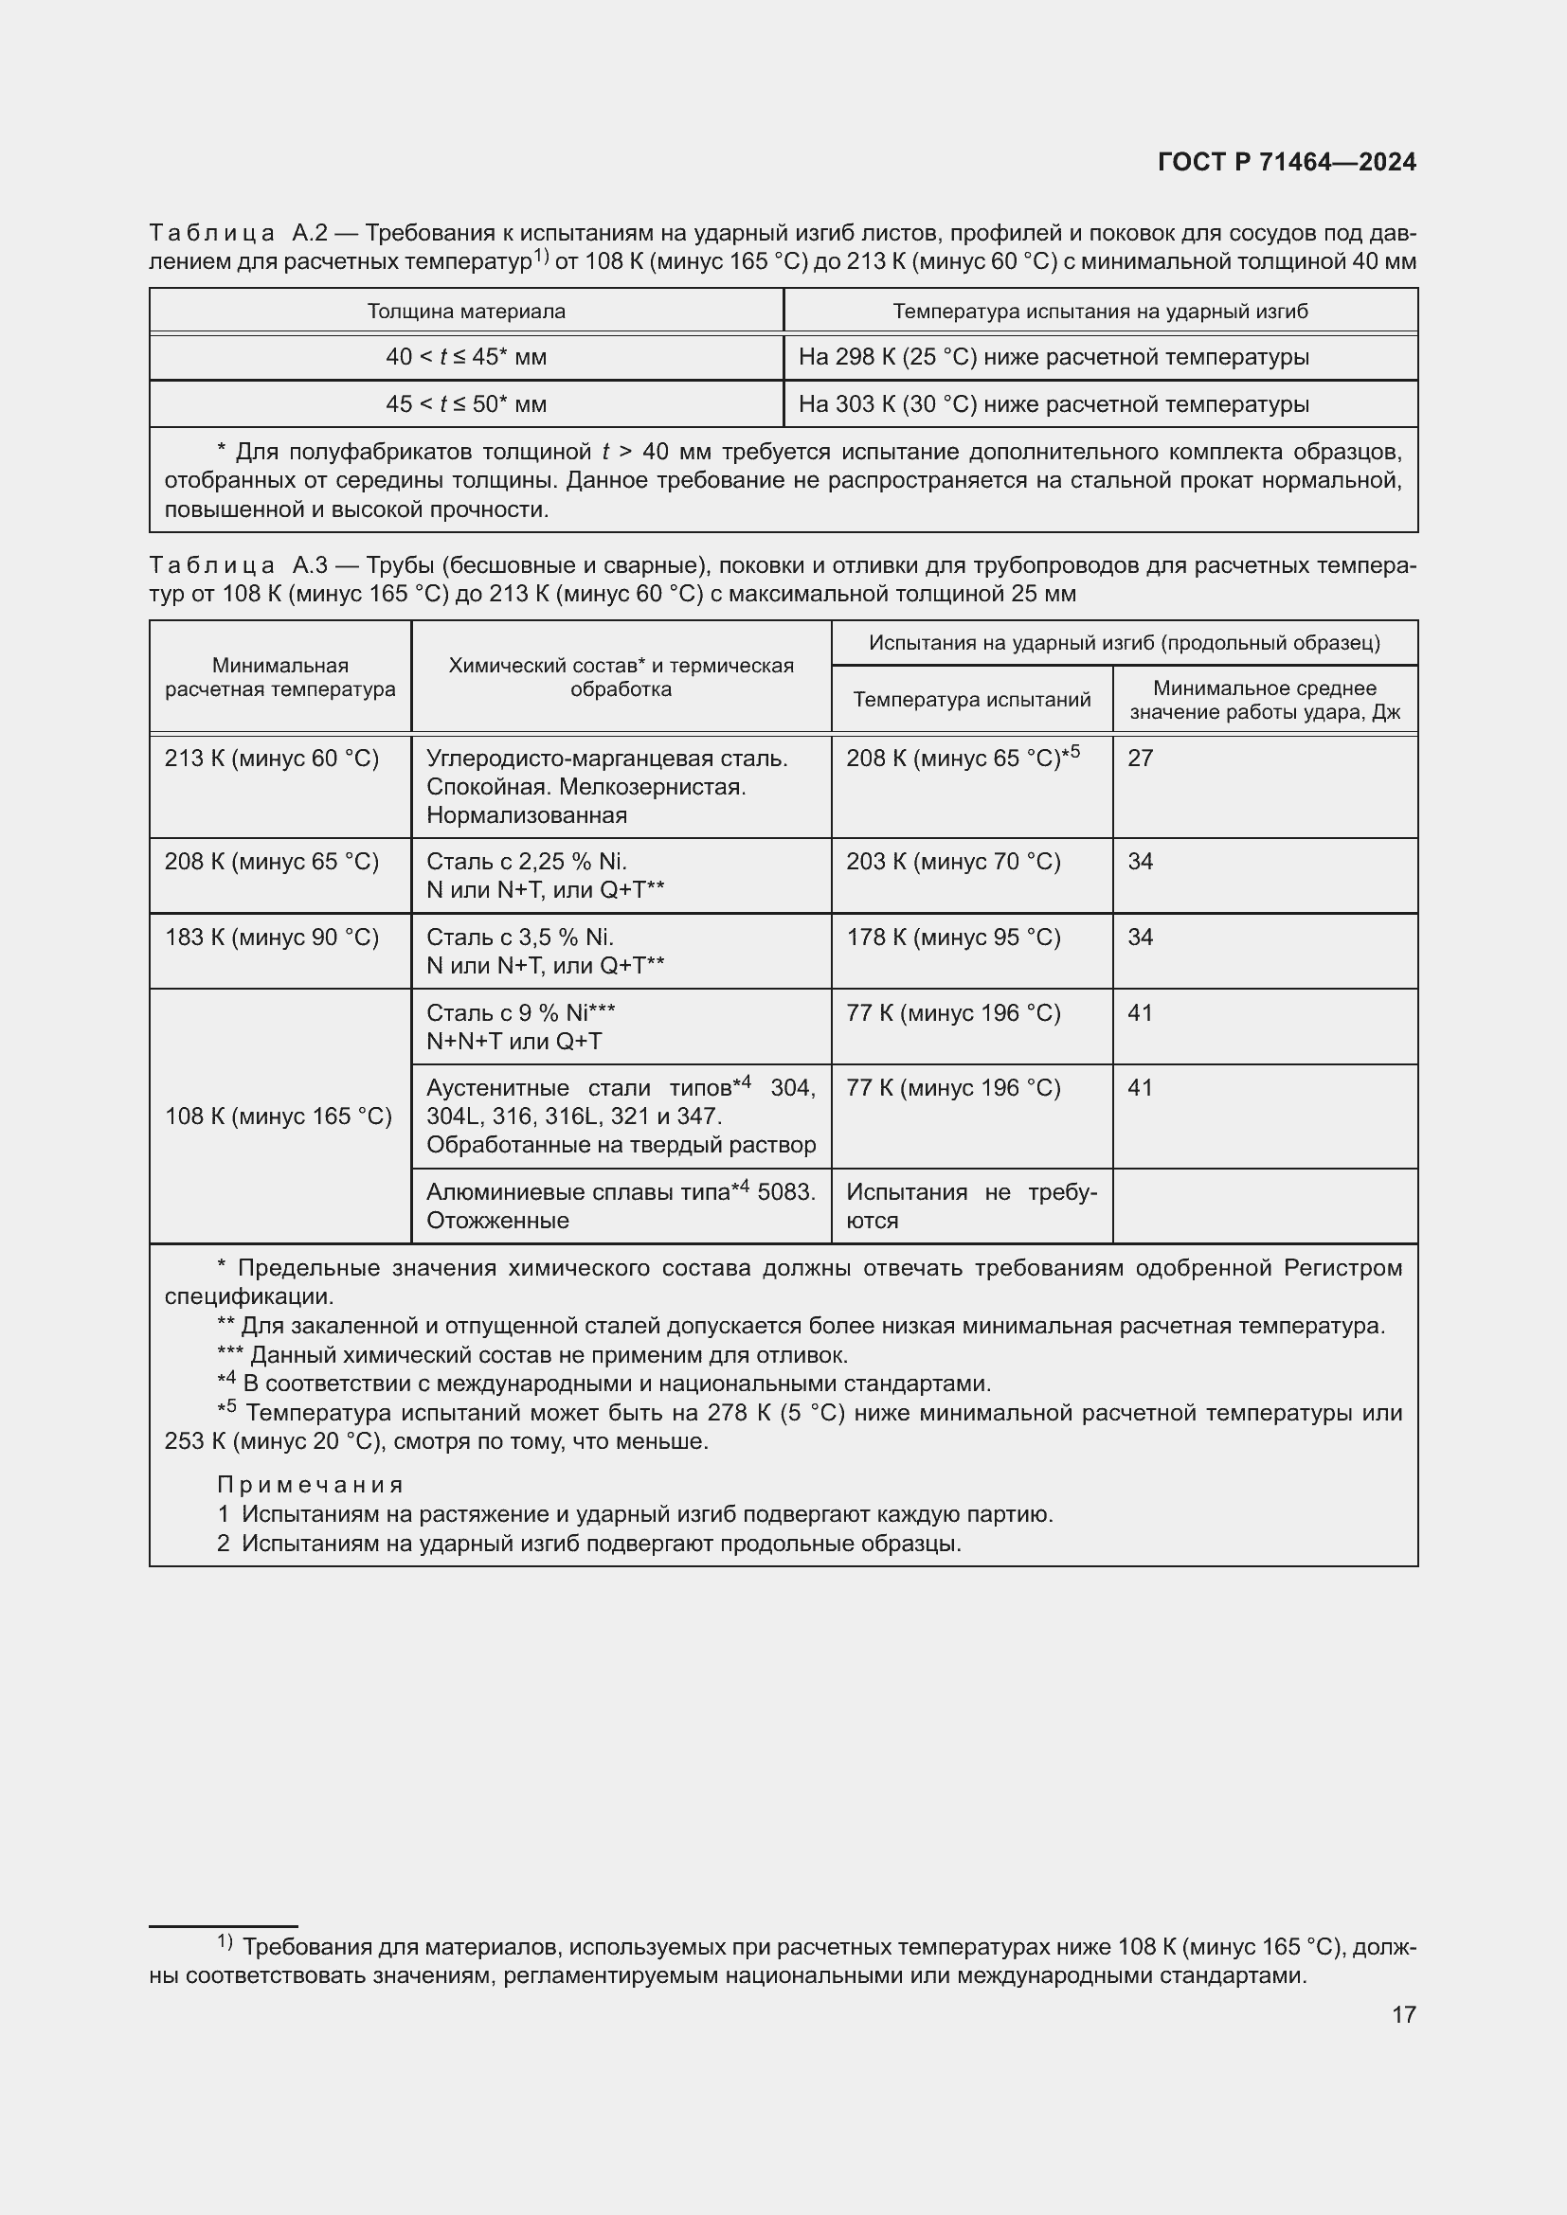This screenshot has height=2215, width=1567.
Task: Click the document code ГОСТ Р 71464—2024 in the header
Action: click(1287, 162)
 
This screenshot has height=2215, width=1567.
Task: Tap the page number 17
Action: click(1404, 2013)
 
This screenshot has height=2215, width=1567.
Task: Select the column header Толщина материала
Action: click(466, 312)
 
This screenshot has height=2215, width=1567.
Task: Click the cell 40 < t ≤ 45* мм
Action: click(466, 357)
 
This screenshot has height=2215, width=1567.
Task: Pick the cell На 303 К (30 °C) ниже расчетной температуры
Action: click(1054, 404)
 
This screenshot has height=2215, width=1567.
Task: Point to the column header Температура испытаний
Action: click(972, 700)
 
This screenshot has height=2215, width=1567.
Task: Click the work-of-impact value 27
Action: click(1141, 759)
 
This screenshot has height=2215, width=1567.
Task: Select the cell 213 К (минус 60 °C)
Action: click(272, 759)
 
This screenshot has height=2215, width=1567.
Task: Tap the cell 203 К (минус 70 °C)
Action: click(953, 862)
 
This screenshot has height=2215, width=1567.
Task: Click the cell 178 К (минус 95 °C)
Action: click(953, 938)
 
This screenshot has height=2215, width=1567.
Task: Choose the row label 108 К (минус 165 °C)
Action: click(278, 1116)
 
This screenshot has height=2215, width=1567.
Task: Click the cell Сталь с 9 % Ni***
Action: click(521, 1013)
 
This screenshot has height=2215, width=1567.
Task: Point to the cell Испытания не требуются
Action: click(971, 1206)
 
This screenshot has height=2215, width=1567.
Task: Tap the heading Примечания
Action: click(310, 1485)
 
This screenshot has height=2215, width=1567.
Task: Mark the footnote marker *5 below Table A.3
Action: click(226, 1410)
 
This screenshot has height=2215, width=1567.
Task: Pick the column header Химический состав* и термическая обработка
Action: click(621, 677)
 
